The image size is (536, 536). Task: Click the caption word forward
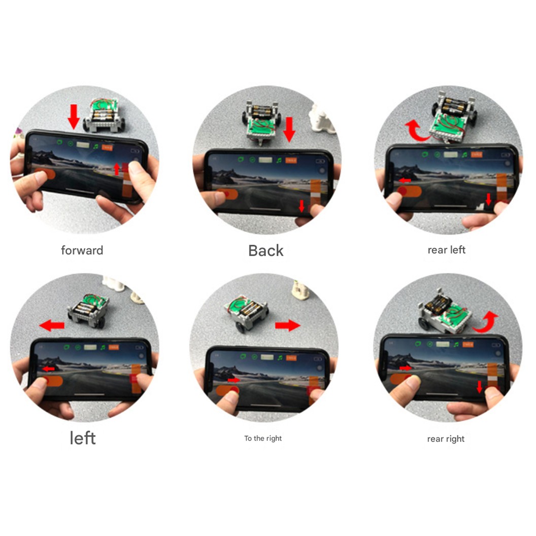pyautogui.click(x=82, y=250)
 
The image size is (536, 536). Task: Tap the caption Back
pyautogui.click(x=265, y=250)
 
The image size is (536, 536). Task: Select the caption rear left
pyautogui.click(x=446, y=250)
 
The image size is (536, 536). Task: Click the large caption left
pyautogui.click(x=82, y=438)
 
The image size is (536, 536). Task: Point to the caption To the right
pyautogui.click(x=263, y=438)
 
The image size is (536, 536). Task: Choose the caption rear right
pyautogui.click(x=446, y=439)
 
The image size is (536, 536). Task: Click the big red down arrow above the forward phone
pyautogui.click(x=74, y=116)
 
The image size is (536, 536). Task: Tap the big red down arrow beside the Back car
pyautogui.click(x=289, y=129)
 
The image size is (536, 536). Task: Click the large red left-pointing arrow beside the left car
pyautogui.click(x=52, y=325)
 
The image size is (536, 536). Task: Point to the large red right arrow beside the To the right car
pyautogui.click(x=288, y=325)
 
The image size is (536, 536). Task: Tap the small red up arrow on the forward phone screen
pyautogui.click(x=117, y=169)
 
